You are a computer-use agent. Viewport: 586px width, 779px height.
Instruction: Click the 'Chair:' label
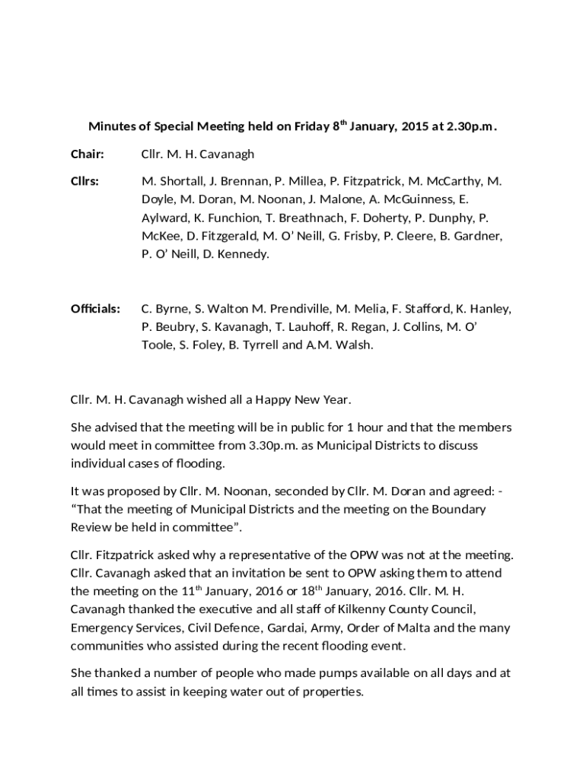[x=87, y=154]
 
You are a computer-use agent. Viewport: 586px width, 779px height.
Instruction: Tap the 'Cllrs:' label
[x=86, y=181]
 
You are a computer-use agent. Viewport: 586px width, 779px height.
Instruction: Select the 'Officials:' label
[x=95, y=309]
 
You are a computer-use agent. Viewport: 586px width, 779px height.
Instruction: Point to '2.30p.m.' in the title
[x=473, y=126]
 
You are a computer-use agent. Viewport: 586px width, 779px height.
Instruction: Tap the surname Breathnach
[x=307, y=218]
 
